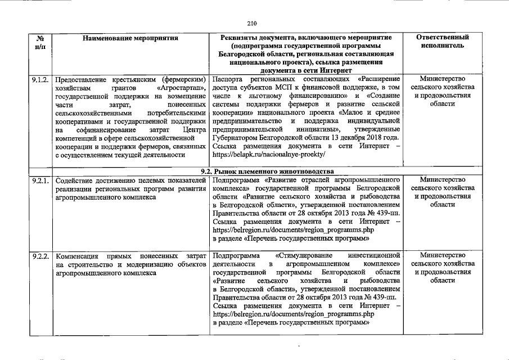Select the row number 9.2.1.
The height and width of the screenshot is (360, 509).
point(40,180)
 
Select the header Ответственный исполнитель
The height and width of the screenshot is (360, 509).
point(442,42)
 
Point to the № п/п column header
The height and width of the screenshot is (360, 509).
point(40,42)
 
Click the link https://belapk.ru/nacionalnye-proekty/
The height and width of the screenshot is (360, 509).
point(269,154)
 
